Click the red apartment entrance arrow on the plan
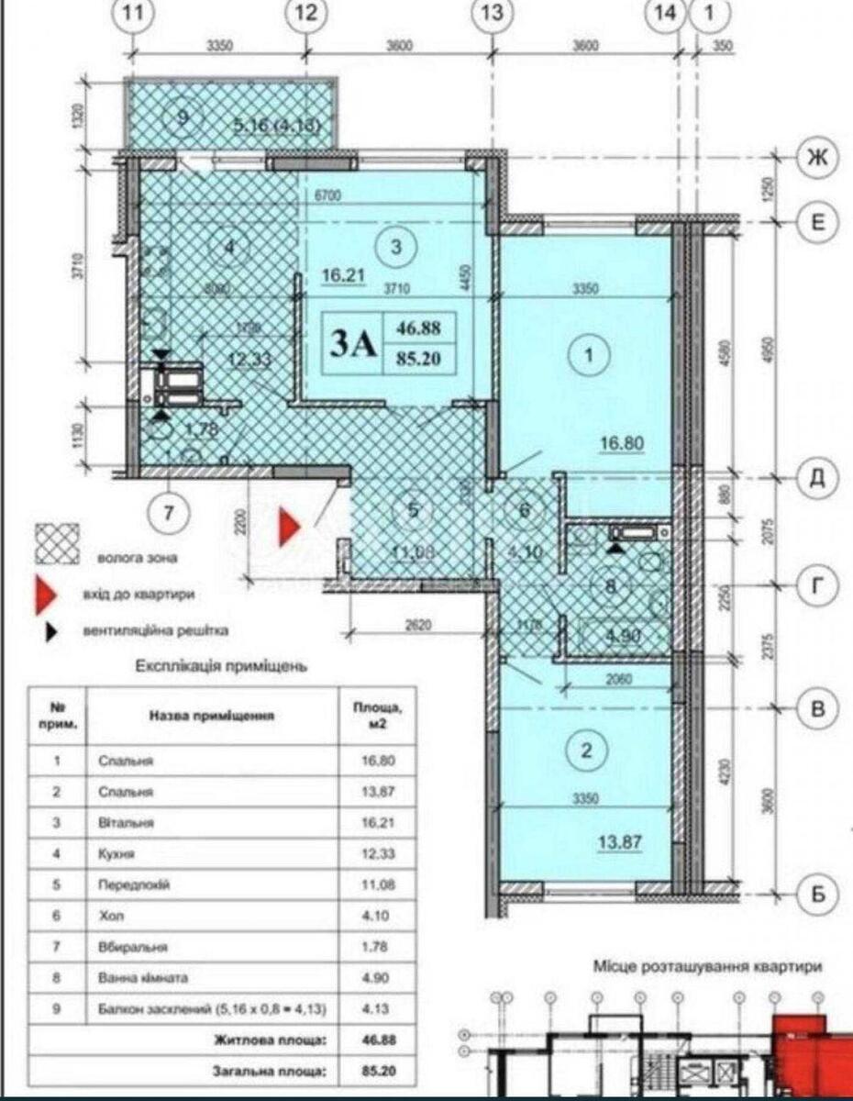pyautogui.click(x=289, y=526)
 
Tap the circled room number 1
pyautogui.click(x=587, y=352)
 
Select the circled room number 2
pyautogui.click(x=587, y=751)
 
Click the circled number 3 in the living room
pyautogui.click(x=396, y=247)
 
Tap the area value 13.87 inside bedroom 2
pyautogui.click(x=621, y=841)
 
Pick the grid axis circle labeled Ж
pyautogui.click(x=815, y=158)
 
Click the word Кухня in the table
pyautogui.click(x=116, y=853)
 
